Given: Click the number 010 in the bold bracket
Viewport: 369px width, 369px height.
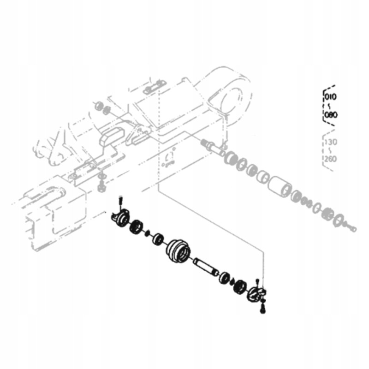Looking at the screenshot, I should (x=331, y=97).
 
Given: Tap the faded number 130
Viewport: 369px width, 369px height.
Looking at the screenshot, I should (x=331, y=142).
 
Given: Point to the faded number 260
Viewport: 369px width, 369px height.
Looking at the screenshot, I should (x=331, y=159).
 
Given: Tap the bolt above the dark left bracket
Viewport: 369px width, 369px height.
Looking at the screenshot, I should (x=120, y=200).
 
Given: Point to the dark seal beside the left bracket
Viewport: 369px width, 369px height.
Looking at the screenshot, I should (x=137, y=226).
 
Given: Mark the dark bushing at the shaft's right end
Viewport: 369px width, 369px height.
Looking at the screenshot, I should (x=225, y=277).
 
